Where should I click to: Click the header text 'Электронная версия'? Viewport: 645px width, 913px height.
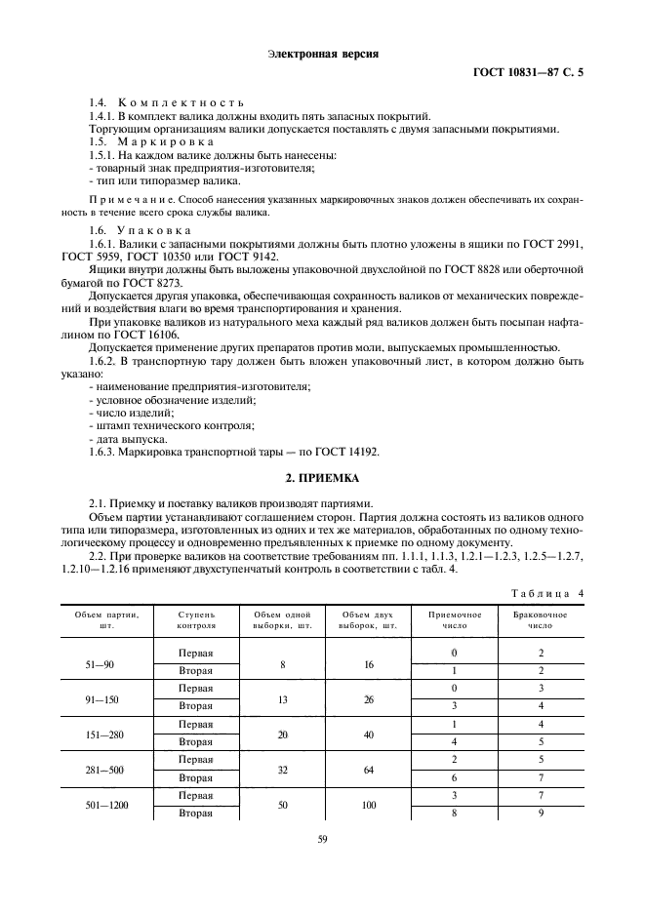pyautogui.click(x=321, y=55)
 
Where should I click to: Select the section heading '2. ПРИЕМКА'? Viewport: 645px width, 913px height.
pyautogui.click(x=321, y=478)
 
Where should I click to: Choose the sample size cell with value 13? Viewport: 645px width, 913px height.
pyautogui.click(x=282, y=698)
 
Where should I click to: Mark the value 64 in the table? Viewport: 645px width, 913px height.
pyautogui.click(x=367, y=769)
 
